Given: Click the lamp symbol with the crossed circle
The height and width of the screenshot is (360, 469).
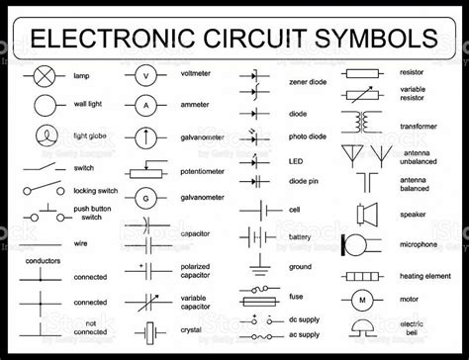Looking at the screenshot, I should point(45,76).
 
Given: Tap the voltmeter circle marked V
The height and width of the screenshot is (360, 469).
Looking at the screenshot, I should point(145,76).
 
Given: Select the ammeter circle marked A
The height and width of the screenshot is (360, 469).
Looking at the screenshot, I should point(145,104).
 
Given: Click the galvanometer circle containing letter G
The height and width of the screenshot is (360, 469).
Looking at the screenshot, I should point(145,199).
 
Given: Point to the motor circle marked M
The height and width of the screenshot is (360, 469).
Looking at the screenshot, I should point(362,299).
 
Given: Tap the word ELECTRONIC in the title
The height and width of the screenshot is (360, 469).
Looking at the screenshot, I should point(110,39).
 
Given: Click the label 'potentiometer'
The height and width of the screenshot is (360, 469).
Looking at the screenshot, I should point(203,170).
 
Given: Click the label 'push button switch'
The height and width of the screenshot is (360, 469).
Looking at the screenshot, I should point(95,214).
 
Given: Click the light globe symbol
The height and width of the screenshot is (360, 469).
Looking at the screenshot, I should point(46,135).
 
